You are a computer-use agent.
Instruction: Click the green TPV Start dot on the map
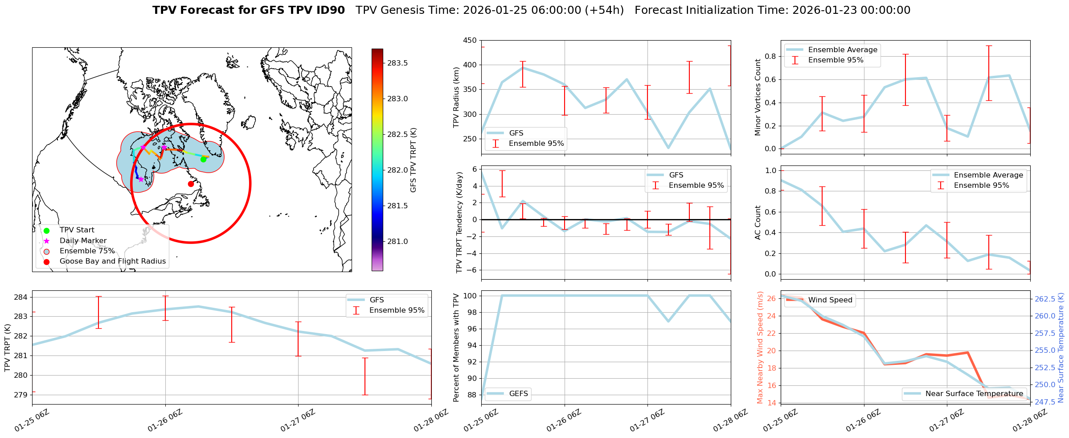pyautogui.click(x=203, y=159)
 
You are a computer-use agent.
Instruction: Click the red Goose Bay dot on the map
pyautogui.click(x=191, y=184)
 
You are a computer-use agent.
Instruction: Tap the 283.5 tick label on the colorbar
pyautogui.click(x=397, y=63)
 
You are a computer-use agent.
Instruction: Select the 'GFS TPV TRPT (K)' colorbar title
pyautogui.click(x=413, y=160)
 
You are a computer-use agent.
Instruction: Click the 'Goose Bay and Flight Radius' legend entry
pyautogui.click(x=112, y=261)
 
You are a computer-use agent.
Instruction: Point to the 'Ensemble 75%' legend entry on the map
pyautogui.click(x=87, y=251)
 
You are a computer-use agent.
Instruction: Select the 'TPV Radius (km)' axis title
pyautogui.click(x=456, y=97)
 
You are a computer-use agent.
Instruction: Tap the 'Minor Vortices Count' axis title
pyautogui.click(x=758, y=97)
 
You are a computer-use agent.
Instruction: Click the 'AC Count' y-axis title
pyautogui.click(x=758, y=223)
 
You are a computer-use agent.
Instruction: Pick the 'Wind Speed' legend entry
pyautogui.click(x=830, y=300)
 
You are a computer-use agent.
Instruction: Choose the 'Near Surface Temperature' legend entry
pyautogui.click(x=974, y=394)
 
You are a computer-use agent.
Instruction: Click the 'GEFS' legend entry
pyautogui.click(x=518, y=394)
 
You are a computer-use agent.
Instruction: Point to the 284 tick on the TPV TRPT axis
pyautogui.click(x=22, y=298)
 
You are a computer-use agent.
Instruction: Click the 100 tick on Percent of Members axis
pyautogui.click(x=471, y=296)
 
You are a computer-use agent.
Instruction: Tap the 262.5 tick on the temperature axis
pyautogui.click(x=1044, y=299)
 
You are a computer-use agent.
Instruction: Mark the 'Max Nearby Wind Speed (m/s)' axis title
pyautogui.click(x=760, y=347)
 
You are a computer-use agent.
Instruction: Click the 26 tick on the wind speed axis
pyautogui.click(x=771, y=299)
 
